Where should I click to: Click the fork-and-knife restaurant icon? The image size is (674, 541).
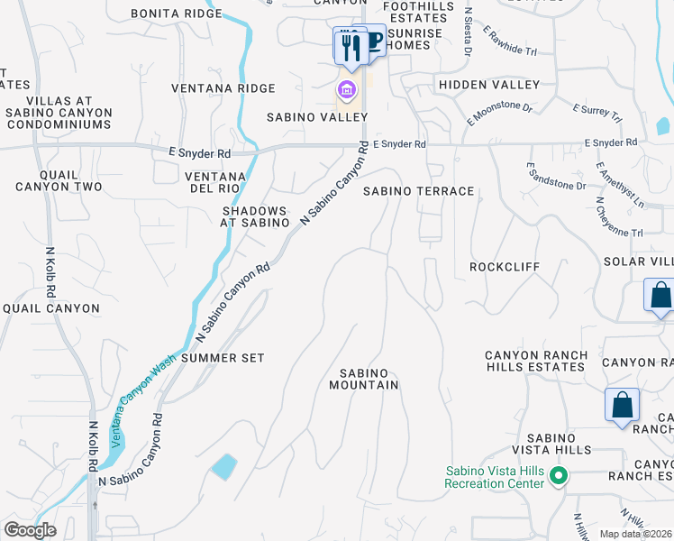351,46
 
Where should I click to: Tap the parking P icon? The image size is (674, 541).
374,41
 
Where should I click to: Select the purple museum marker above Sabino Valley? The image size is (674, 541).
346,90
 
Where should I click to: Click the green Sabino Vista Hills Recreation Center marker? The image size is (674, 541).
559,475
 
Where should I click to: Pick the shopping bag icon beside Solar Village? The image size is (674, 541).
660,296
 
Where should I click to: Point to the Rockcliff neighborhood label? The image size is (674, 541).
505,268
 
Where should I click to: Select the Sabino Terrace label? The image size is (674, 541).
418,191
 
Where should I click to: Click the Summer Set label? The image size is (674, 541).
223,358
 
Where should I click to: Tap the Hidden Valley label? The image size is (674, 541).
488,85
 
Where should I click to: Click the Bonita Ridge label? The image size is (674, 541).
176,14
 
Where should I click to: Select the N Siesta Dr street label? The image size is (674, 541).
469,32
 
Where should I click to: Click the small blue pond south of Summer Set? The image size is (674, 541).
223,466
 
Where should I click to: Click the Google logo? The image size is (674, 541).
30,530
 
